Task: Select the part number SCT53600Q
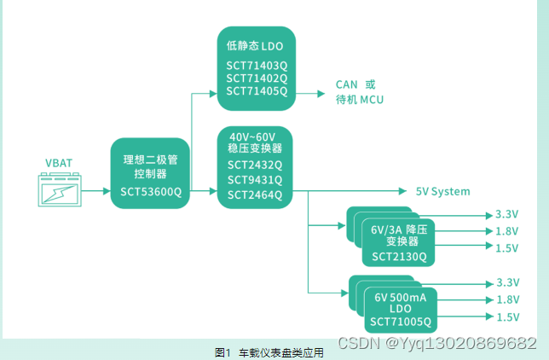click(151, 192)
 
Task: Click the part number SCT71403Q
click(257, 65)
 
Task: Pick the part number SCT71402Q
click(257, 78)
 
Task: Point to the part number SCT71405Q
click(257, 90)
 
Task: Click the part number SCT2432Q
click(254, 165)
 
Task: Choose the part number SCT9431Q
click(254, 180)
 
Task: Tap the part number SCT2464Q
click(254, 195)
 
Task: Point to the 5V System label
click(442, 192)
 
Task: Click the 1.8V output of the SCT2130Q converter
click(506, 230)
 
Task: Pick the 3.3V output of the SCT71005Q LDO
click(506, 282)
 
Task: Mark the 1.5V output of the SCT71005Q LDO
click(506, 317)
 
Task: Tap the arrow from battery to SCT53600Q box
click(97, 191)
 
